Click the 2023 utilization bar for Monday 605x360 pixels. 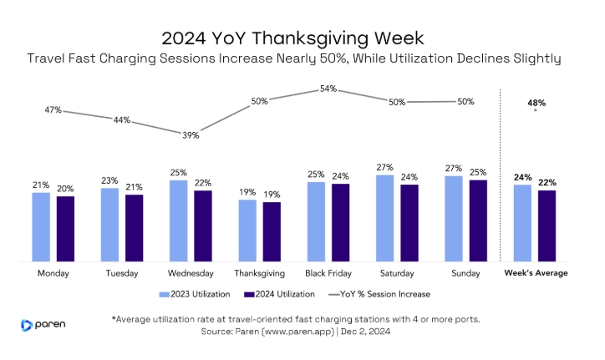pos(41,227)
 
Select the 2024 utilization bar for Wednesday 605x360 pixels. pos(203,226)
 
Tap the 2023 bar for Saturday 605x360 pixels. pos(384,218)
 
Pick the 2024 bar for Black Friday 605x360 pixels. pos(340,222)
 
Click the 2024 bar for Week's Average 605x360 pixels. pos(547,226)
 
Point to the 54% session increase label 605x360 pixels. pos(328,89)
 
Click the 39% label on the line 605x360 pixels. pos(191,135)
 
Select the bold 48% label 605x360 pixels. pos(536,103)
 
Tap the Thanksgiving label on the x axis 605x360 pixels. pos(259,273)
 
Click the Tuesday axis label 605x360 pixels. pos(122,273)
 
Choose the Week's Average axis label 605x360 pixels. pos(536,273)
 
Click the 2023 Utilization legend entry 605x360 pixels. pos(191,294)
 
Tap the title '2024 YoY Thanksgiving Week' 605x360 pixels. pos(302,38)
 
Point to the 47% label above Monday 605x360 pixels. pos(54,109)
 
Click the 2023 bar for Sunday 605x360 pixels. pos(454,219)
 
